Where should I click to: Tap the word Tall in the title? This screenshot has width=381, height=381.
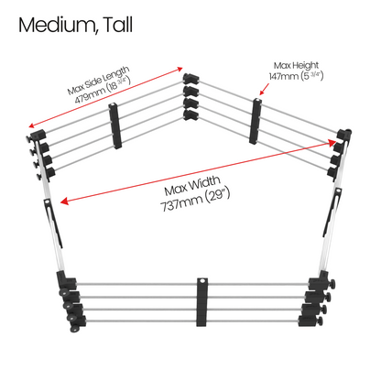pos(118,25)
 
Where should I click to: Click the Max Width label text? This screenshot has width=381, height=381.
pos(192,186)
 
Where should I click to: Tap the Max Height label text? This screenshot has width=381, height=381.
pos(296,65)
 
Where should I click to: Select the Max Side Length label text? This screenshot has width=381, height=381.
pos(98,80)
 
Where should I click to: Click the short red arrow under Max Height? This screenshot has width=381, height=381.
pos(264,89)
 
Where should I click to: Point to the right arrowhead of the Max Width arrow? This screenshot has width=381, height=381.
pos(332,142)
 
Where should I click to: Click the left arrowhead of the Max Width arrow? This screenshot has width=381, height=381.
pos(64,201)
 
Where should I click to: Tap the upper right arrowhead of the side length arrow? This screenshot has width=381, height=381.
pos(180,69)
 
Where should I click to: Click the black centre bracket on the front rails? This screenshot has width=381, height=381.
pos(201,302)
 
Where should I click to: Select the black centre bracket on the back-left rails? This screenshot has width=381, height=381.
pos(115,125)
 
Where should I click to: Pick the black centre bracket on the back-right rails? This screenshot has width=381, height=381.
pos(256,121)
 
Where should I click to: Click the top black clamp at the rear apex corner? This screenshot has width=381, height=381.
pos(190,78)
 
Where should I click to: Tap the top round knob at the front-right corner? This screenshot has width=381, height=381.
pos(332,284)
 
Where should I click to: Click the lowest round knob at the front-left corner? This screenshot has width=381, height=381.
pos(74,329)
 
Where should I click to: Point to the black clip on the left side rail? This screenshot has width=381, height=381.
pos(54,223)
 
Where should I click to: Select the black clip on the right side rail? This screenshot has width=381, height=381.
pos(332,212)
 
